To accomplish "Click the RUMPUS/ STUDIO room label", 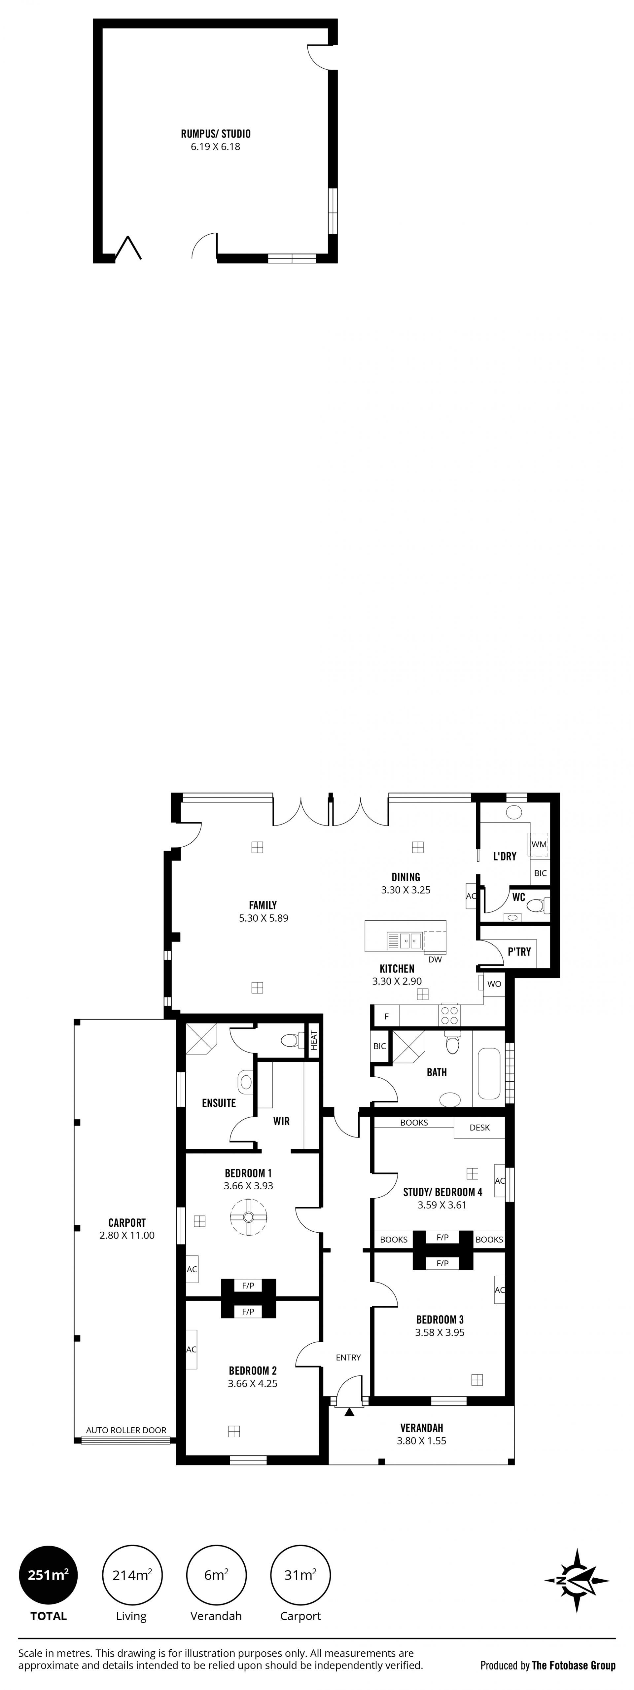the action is pos(216,134).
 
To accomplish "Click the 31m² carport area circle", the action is pos(300,1575).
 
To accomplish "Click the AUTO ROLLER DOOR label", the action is pos(126,1430).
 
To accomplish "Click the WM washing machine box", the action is pos(539,844).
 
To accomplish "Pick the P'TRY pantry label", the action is pos(519,951).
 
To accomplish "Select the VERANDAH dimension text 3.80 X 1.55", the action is pos(422,1441).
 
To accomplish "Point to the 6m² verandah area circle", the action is pos(216,1575).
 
